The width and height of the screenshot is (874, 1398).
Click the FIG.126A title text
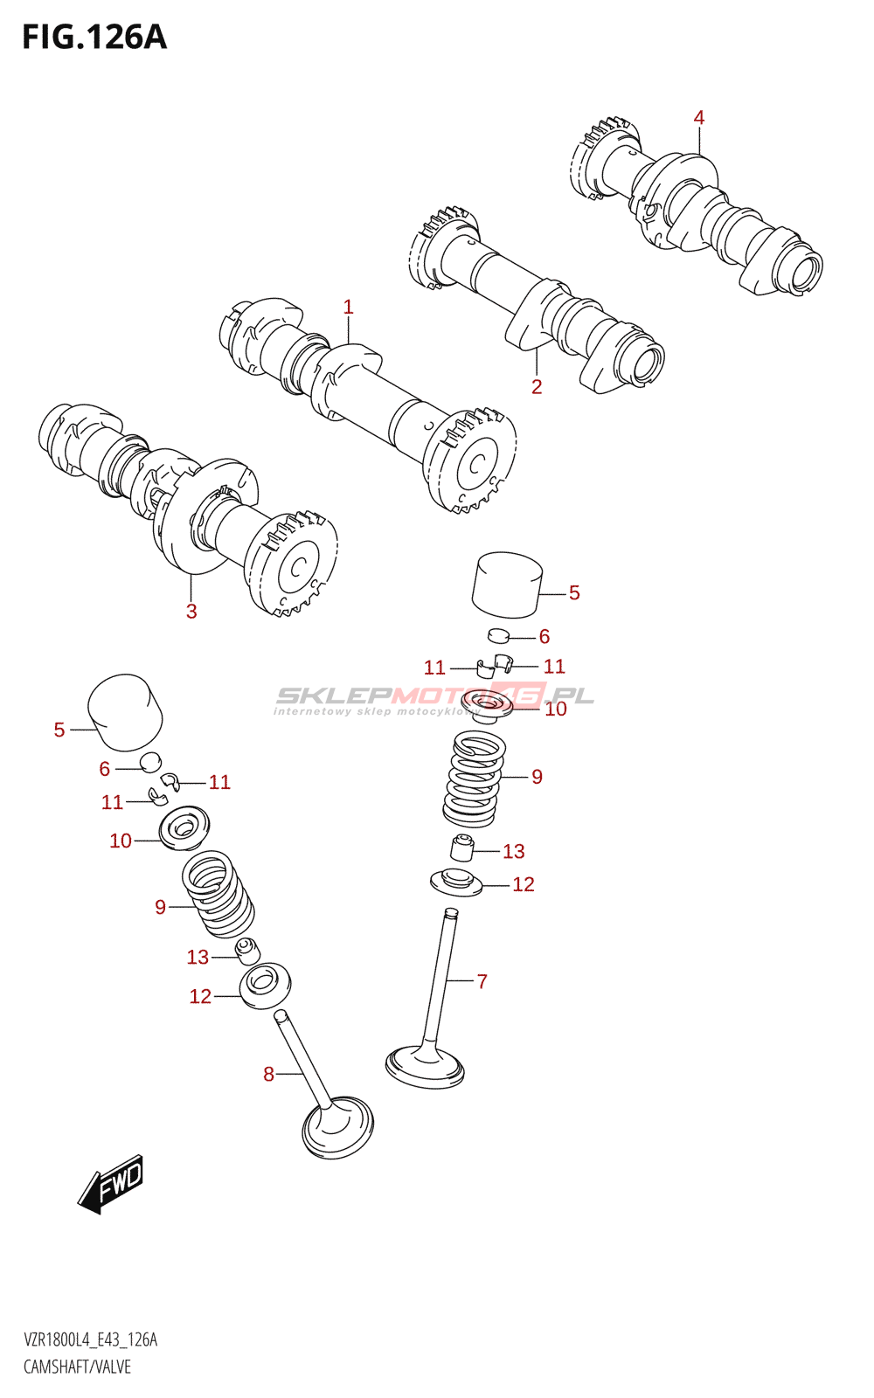pos(94,38)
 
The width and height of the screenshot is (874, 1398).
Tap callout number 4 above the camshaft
pos(699,117)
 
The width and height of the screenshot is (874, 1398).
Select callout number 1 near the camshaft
pos(348,307)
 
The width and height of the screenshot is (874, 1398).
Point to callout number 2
pos(537,386)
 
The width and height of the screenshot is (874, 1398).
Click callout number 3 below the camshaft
pos(191,611)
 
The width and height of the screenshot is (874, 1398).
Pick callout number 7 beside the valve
pos(482,981)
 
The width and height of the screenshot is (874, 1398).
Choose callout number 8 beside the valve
pos(268,1074)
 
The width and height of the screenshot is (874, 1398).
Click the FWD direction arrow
pos(111,1184)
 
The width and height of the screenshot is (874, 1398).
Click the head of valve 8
pos(337,1129)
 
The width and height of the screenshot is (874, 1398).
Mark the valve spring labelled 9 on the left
pos(218,894)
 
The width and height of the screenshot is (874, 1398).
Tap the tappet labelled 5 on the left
pos(126,711)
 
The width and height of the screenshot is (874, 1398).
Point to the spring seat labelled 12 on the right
pos(456,882)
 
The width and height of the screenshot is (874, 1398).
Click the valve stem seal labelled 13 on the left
pos(247,951)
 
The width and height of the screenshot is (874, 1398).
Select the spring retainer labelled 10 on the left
pos(184,826)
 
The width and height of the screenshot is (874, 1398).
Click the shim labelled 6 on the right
pos(497,634)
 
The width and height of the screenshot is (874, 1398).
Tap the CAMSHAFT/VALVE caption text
pos(77,1367)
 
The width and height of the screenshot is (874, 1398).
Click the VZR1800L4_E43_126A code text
pos(90,1339)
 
